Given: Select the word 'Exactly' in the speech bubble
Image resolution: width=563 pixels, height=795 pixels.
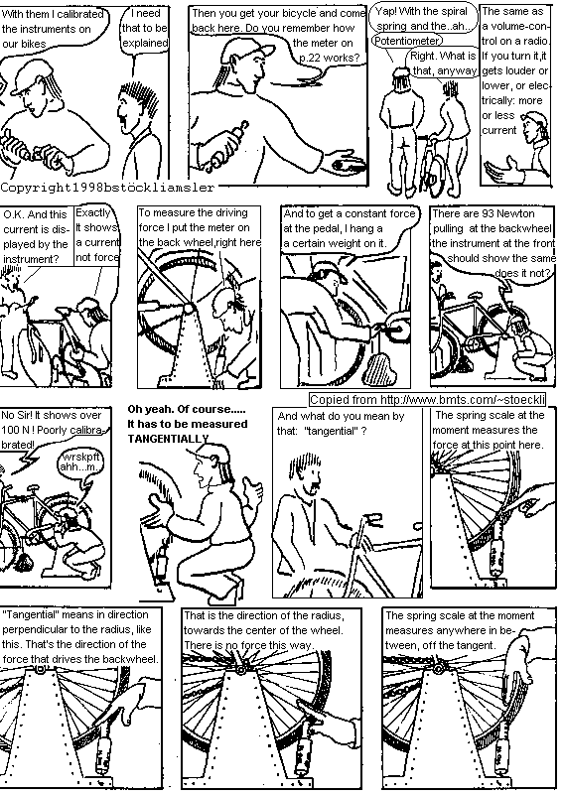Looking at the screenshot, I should (x=93, y=213).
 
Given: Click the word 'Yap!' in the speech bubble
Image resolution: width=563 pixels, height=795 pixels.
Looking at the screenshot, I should (x=393, y=10).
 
